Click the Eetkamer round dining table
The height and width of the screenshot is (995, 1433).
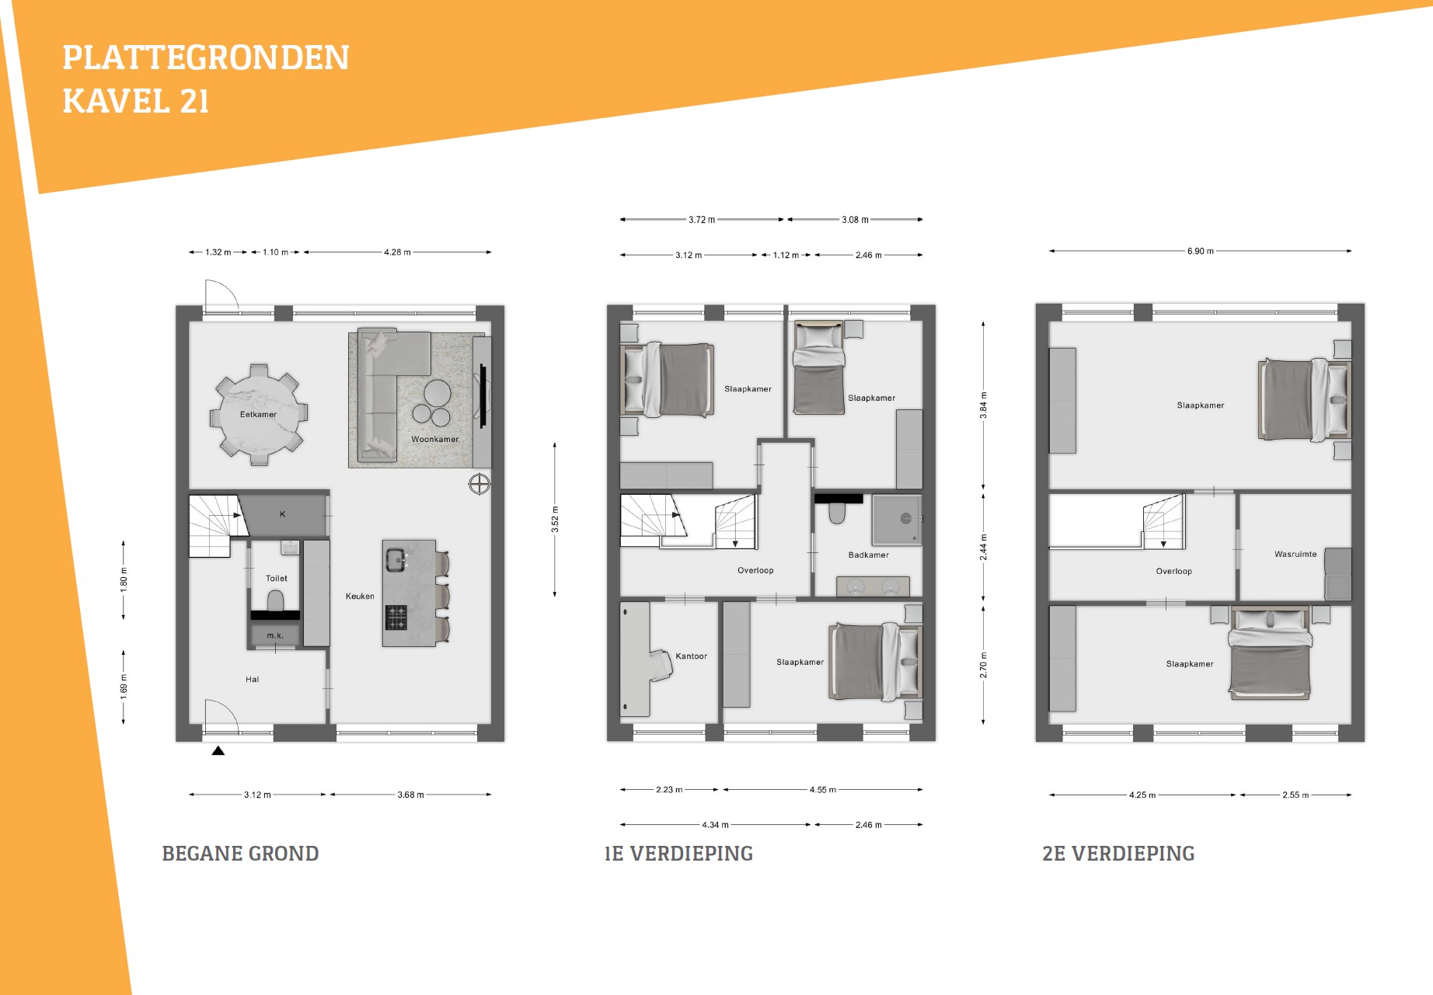point(258,414)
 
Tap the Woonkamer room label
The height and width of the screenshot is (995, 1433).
point(435,440)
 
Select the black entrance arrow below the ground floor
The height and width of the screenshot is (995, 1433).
point(218,751)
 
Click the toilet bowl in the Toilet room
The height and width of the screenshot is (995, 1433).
point(275,600)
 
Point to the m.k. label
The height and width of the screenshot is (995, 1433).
point(275,635)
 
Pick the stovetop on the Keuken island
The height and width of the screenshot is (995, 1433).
point(396,618)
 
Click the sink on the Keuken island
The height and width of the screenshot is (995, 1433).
point(396,559)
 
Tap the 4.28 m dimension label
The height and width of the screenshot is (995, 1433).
point(397,252)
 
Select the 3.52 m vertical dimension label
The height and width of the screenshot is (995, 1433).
point(555,519)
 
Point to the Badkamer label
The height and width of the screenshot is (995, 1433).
point(869,555)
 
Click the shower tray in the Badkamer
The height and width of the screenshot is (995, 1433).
point(897,520)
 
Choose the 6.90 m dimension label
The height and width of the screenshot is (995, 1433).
point(1200,251)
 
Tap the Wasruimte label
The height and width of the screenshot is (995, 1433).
point(1295,555)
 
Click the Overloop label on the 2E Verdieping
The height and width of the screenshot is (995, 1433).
point(1173,572)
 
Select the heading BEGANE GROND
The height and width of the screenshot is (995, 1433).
point(240,854)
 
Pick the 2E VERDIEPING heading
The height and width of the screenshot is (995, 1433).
point(1118,854)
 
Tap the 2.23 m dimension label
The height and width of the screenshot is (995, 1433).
point(669,790)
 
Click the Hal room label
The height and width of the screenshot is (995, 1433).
point(253,680)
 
